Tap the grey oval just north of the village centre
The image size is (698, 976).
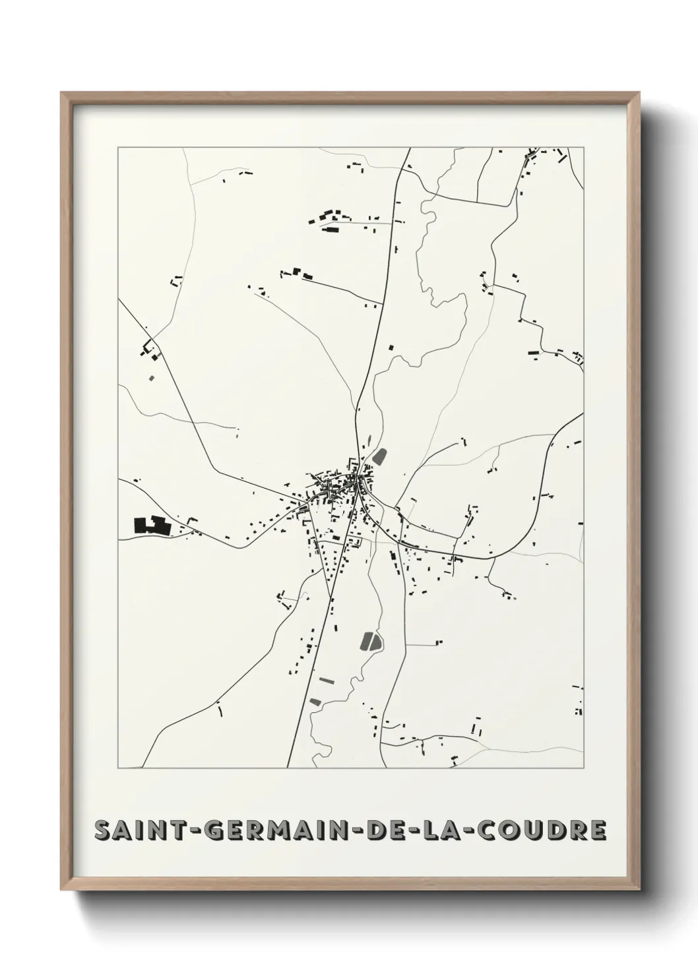click(x=379, y=455)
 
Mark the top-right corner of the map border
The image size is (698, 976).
click(x=584, y=148)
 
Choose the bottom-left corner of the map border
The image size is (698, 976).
click(x=118, y=768)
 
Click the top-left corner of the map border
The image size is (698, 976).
click(x=118, y=148)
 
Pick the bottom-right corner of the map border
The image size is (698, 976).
click(x=584, y=768)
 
